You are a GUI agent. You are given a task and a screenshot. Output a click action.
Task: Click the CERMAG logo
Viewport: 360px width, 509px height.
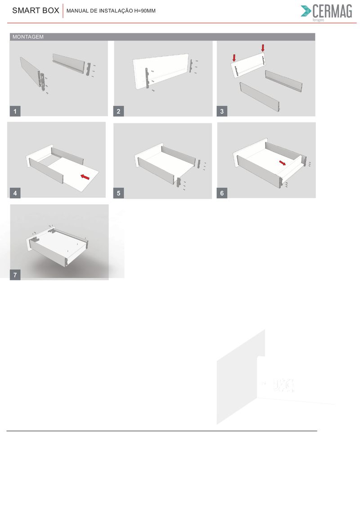(x=327, y=12)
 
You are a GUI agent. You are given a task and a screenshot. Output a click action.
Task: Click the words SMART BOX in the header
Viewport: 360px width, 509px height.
(x=36, y=10)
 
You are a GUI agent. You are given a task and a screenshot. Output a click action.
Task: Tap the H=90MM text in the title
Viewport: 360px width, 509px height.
(x=145, y=11)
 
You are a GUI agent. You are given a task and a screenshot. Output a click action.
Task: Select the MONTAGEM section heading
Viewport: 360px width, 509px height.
(x=28, y=37)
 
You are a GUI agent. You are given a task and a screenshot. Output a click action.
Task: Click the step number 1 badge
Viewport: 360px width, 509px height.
(x=15, y=111)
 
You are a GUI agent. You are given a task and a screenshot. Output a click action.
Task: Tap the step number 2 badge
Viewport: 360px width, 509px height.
(x=118, y=111)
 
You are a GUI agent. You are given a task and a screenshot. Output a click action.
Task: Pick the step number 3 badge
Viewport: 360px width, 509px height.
(x=222, y=111)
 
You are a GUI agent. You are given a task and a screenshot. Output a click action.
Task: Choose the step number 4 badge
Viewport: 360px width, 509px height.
(x=15, y=193)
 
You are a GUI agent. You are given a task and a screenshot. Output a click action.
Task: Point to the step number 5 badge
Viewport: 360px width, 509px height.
(x=118, y=193)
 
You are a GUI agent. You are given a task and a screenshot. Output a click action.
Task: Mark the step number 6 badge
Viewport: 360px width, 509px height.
(x=222, y=193)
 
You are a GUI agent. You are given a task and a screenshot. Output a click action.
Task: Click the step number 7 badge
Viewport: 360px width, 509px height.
(x=15, y=275)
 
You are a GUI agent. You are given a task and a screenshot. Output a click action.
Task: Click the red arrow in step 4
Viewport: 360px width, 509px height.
(x=85, y=177)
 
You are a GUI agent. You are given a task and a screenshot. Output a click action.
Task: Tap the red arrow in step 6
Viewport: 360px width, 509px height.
(x=283, y=162)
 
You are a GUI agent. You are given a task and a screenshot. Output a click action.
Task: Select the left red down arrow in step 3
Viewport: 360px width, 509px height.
(x=234, y=58)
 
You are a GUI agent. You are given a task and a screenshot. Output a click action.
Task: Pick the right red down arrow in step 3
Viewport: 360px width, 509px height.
(x=263, y=48)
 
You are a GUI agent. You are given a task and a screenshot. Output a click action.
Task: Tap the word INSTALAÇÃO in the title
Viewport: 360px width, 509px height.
(x=116, y=11)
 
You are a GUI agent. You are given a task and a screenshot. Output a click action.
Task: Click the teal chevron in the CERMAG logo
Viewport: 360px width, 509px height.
(x=306, y=11)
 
